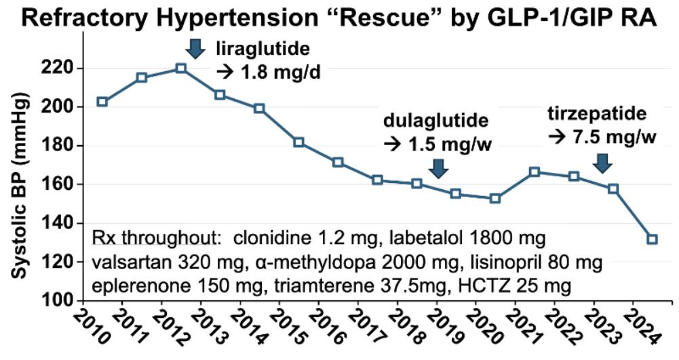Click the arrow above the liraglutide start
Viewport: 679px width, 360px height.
[x=195, y=48]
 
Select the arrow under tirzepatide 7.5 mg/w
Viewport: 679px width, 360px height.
[x=601, y=163]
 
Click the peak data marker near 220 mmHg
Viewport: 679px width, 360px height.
[x=180, y=68]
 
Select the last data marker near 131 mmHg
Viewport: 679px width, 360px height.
[x=652, y=239]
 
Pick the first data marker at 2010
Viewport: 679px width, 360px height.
[x=102, y=102]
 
